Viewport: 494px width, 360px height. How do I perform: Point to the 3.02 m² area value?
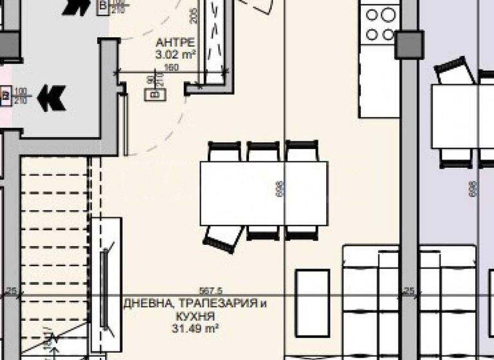pos(176,55)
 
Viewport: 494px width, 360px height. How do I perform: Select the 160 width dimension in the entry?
pos(170,67)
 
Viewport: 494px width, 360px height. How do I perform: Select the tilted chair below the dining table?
pos(223,237)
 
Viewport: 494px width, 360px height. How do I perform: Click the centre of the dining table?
pos(263,193)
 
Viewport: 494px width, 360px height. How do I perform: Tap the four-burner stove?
pos(379,23)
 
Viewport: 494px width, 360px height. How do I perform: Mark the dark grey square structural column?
pos(410,44)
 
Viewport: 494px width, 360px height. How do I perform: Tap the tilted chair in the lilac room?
pos(455,71)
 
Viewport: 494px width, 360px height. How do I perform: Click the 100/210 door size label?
pos(21,96)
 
